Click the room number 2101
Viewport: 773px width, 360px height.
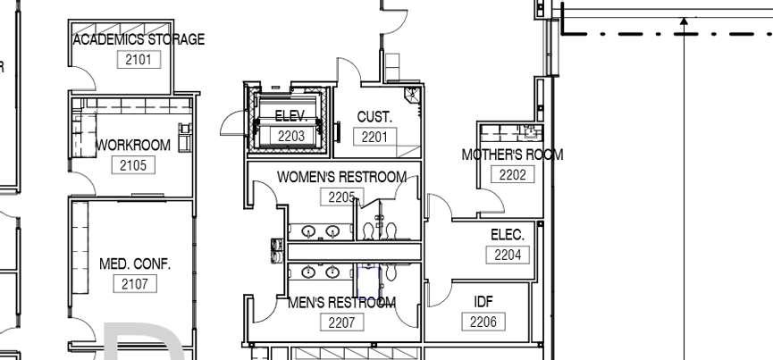138,60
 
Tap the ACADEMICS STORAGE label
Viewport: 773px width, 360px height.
139,39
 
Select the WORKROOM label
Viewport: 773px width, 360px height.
133,145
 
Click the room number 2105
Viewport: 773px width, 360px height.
133,165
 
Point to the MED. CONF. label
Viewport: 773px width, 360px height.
135,264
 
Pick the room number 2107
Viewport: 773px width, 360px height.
135,284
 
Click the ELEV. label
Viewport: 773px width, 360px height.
290,116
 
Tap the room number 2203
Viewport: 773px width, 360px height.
291,137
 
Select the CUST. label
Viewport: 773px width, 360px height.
374,117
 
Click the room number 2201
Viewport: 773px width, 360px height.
374,137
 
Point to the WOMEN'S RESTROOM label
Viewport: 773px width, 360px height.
341,177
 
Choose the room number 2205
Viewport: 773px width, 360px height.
341,197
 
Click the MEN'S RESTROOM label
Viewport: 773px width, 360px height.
341,302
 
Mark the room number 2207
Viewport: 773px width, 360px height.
341,322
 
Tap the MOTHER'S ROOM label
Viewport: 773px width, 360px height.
512,155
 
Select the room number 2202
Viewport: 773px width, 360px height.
512,175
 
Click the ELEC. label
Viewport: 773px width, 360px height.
507,235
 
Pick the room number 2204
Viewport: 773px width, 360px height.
507,255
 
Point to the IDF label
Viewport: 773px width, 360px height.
483,302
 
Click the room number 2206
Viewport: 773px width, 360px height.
483,322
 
